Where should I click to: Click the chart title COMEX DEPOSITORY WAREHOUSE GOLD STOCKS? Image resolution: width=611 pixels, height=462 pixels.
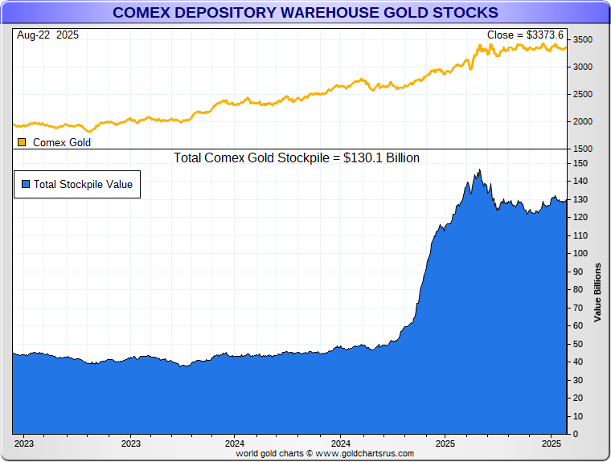[x=305, y=13]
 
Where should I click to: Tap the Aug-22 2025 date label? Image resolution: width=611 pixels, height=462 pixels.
[x=47, y=35]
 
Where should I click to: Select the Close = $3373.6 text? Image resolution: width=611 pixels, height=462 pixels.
[x=526, y=35]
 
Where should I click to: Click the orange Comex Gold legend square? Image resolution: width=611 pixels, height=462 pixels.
[x=22, y=142]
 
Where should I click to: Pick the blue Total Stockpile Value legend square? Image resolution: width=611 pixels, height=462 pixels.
[x=26, y=184]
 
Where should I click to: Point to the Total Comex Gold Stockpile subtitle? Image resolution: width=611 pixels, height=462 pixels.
[x=297, y=158]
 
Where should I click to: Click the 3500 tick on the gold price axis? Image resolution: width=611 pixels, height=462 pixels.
[x=584, y=40]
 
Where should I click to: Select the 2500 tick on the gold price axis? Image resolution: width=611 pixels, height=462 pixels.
[x=584, y=94]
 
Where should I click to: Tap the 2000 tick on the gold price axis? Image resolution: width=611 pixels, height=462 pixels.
[x=584, y=121]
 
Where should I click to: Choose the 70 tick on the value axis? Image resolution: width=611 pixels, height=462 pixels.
[x=578, y=308]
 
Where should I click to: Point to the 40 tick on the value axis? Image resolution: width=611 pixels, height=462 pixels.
[x=578, y=362]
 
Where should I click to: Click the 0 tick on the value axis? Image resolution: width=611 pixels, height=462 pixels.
[x=576, y=435]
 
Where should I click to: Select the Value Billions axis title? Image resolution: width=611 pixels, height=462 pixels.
[x=597, y=292]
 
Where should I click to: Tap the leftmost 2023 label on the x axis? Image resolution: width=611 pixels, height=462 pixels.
[x=24, y=444]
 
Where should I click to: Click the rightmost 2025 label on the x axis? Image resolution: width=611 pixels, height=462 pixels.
[x=552, y=444]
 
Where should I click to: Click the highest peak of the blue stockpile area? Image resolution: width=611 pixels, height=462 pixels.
[x=480, y=170]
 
